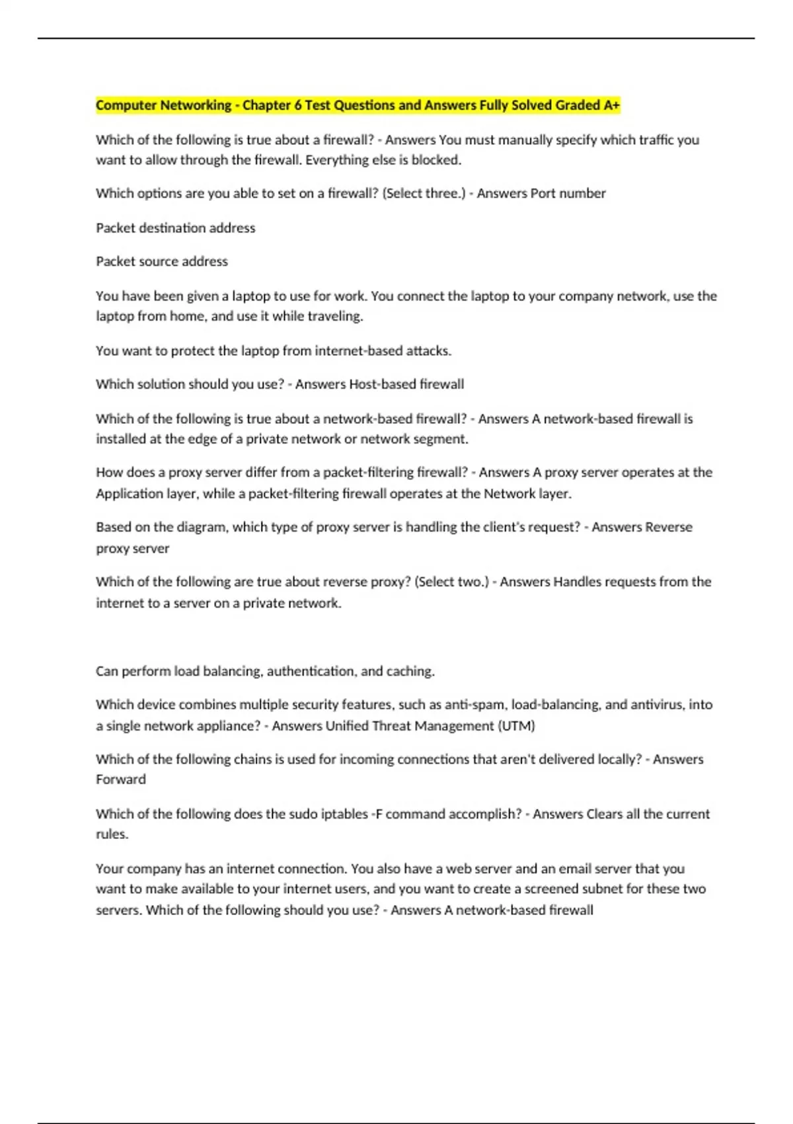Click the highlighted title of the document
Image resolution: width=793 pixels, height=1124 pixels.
[x=358, y=105]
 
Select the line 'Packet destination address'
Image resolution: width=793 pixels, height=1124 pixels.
[x=175, y=228]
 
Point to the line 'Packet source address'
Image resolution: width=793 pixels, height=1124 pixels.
[x=161, y=262]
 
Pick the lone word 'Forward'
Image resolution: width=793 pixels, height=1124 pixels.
[x=120, y=780]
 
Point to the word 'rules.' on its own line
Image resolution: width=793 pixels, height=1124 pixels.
[x=112, y=834]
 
